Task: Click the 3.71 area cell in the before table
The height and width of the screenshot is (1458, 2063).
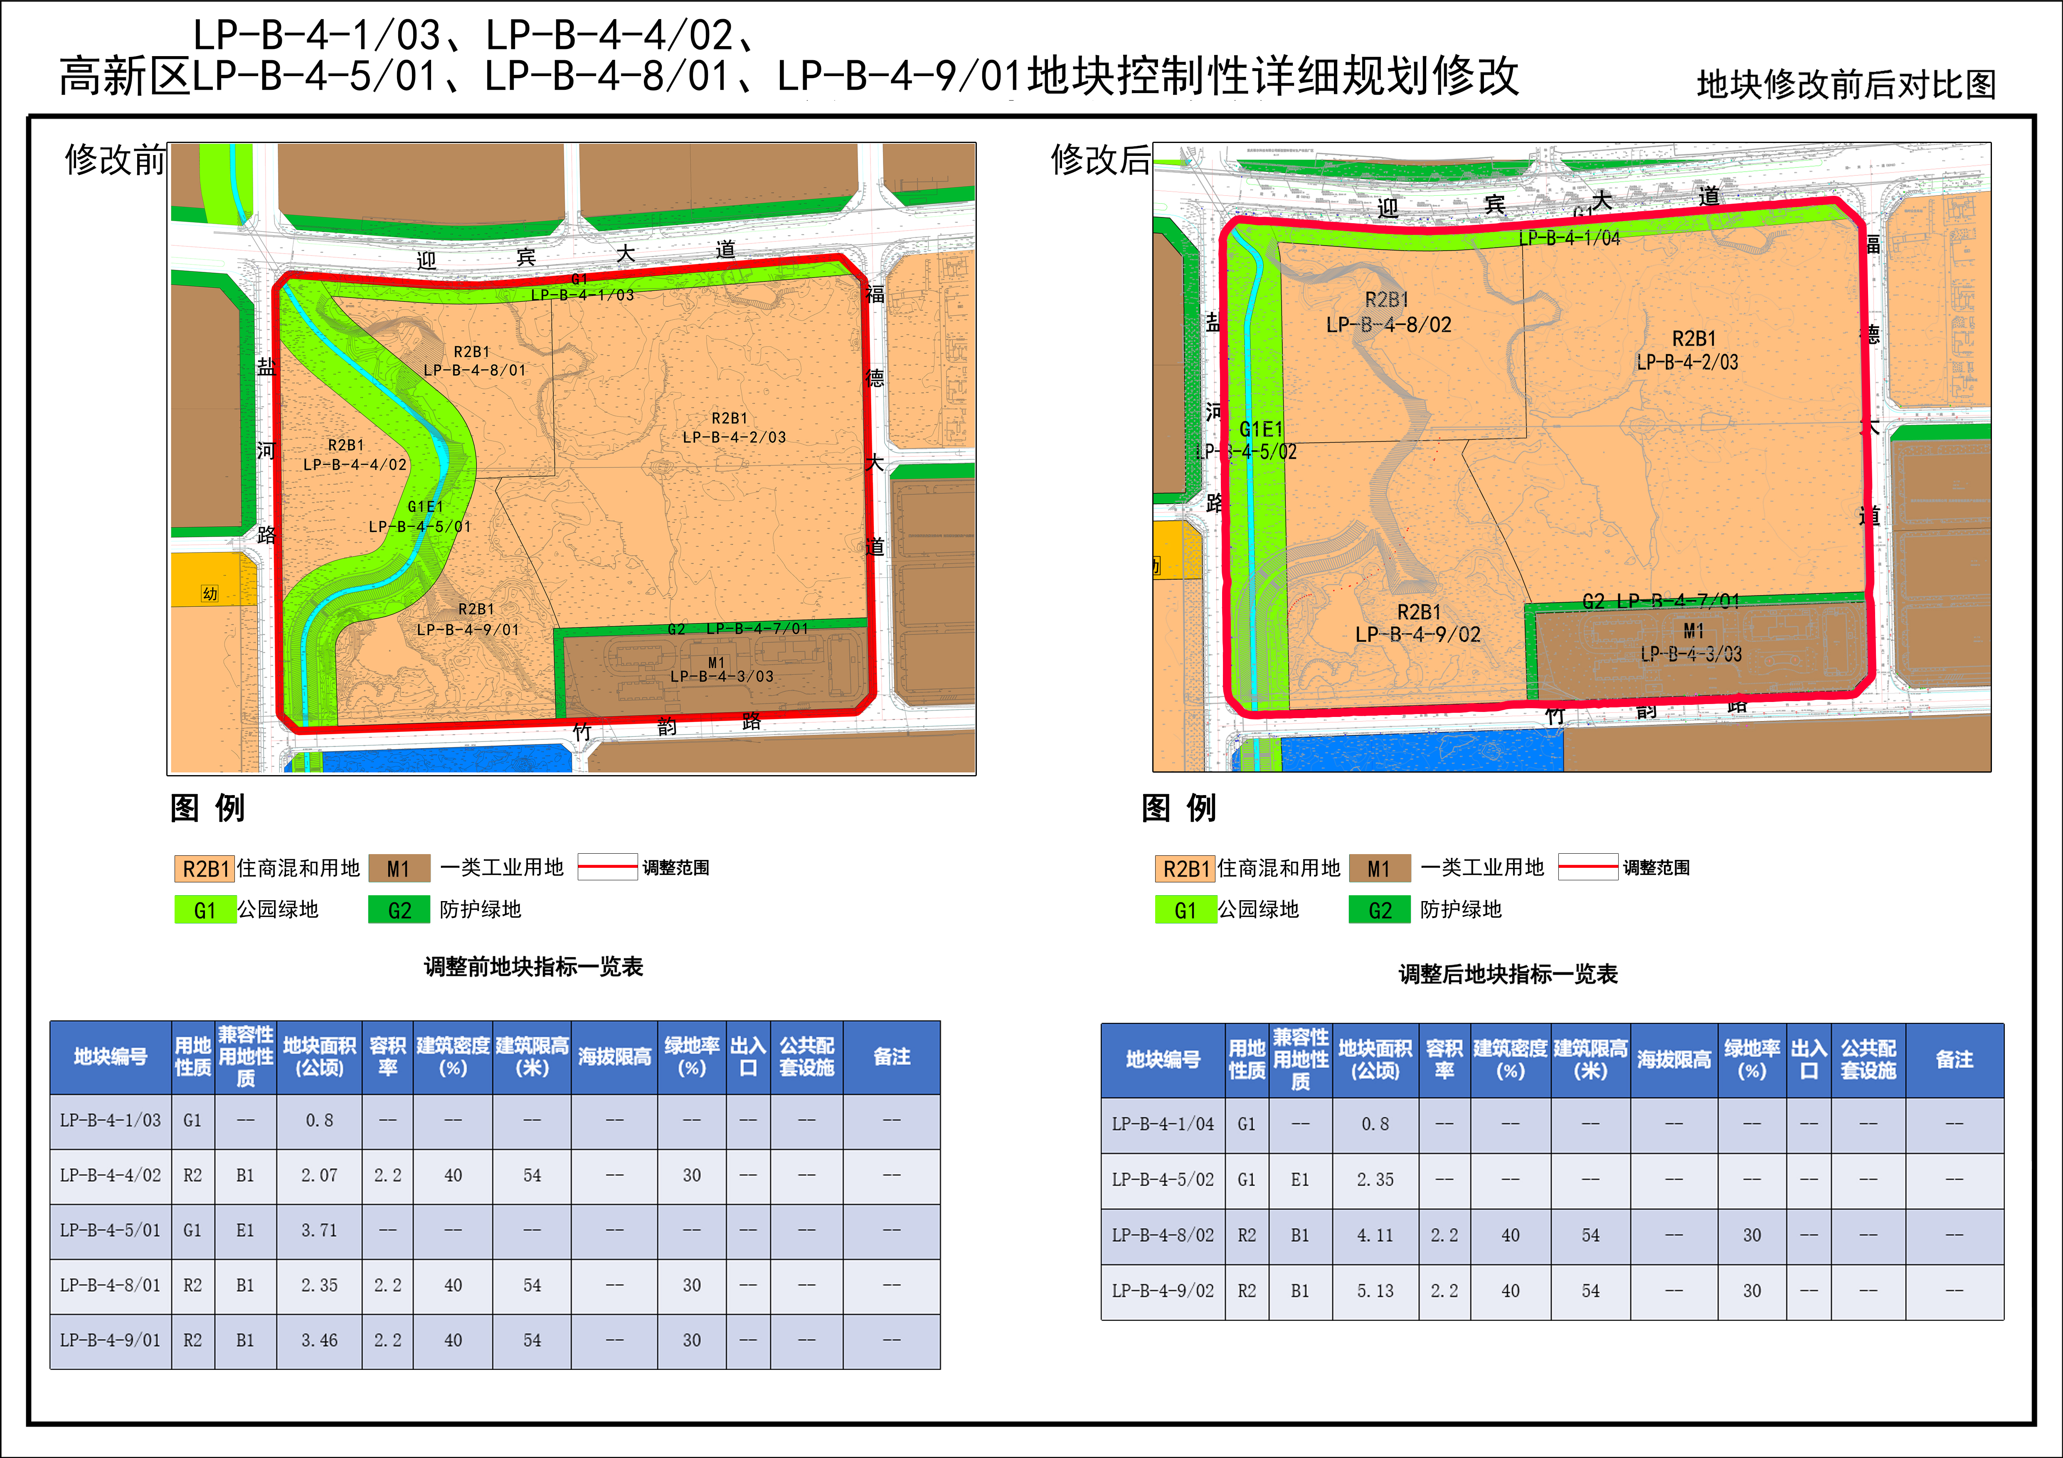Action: coord(319,1230)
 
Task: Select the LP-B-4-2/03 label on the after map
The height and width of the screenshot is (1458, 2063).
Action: coord(1687,362)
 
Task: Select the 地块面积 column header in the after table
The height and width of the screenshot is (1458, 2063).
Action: coord(1375,1059)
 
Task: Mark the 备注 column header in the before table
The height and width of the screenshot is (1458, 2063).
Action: coord(891,1057)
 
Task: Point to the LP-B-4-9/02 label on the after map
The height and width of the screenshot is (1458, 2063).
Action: coord(1418,634)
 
